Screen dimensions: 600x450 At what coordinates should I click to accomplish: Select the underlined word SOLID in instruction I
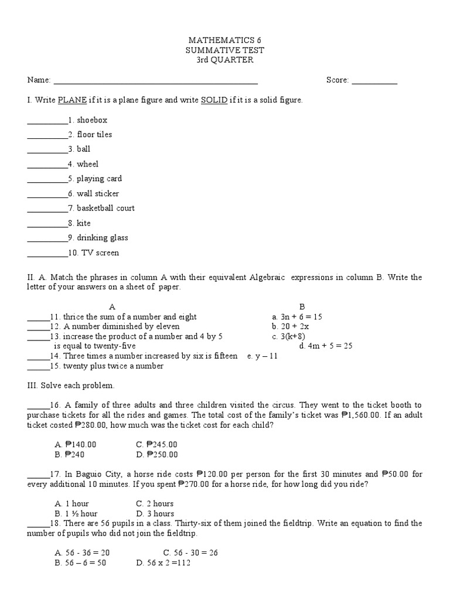coord(214,100)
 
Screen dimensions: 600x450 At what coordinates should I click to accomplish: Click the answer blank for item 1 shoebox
coord(47,121)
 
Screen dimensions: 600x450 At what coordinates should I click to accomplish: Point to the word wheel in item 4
coord(87,164)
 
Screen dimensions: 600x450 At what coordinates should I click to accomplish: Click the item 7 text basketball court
coord(105,208)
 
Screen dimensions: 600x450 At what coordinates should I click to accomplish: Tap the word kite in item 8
coord(84,223)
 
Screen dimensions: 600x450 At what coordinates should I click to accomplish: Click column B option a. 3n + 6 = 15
coord(297,316)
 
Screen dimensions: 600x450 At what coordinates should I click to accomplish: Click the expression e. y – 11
coord(262,356)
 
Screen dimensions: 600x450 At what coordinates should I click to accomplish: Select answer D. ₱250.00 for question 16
coord(156,454)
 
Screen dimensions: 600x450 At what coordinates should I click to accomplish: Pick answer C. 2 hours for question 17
coord(155,503)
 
